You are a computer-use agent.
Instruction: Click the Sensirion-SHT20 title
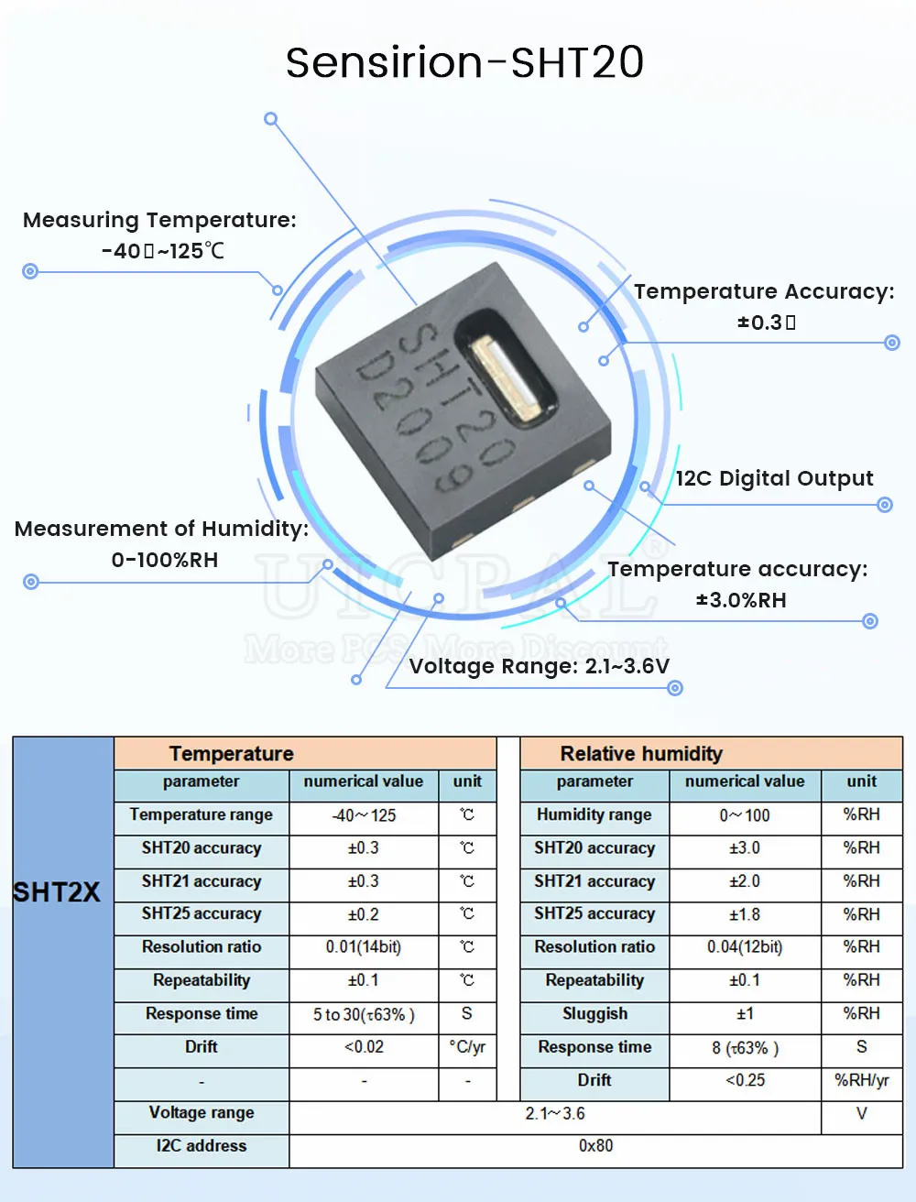tap(464, 62)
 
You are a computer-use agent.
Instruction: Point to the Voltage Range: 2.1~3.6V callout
tap(539, 666)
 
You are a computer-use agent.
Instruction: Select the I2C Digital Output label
tap(774, 478)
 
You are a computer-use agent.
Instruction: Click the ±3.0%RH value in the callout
tap(741, 600)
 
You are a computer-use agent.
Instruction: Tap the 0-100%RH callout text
tap(165, 560)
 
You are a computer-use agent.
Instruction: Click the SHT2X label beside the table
tap(57, 892)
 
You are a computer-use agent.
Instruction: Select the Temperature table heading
tap(231, 754)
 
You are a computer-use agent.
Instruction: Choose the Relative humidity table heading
tap(641, 754)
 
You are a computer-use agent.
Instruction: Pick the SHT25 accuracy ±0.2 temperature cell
tap(364, 914)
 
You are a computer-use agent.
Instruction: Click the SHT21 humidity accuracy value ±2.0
tap(745, 881)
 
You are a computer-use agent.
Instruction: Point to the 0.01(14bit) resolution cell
tap(364, 947)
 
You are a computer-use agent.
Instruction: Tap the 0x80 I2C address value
tap(595, 1146)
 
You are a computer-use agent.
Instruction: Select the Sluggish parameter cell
tap(594, 1014)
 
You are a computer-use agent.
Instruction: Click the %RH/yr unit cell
tap(861, 1080)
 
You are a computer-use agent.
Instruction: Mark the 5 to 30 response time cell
tap(364, 1015)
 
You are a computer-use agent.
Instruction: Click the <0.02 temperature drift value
tap(364, 1047)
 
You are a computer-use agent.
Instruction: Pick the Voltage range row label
tap(202, 1113)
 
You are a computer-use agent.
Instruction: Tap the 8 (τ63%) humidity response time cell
tap(745, 1048)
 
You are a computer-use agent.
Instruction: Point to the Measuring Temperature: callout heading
tap(159, 220)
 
